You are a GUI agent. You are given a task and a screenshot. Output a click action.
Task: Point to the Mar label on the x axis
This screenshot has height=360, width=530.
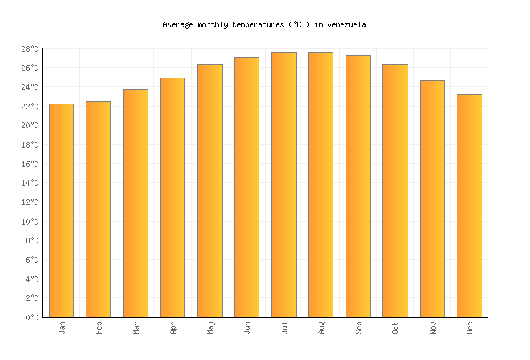[x=136, y=328]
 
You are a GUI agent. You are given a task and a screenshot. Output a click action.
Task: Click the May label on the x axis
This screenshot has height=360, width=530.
[x=210, y=328]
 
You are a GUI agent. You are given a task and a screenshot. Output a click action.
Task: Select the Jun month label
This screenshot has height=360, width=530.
[x=247, y=328]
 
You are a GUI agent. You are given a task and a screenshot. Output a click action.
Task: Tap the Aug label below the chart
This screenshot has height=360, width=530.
[x=321, y=328]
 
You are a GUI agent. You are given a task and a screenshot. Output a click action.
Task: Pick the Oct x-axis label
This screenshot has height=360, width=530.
[x=395, y=328]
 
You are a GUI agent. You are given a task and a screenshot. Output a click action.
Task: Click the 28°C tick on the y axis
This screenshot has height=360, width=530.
[x=30, y=49]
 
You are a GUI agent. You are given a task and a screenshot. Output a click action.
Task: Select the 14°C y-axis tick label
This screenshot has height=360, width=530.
[x=30, y=183]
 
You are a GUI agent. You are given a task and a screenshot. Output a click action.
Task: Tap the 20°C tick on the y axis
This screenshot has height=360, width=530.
[x=30, y=125]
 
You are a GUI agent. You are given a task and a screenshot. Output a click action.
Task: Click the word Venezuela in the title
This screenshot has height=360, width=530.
[x=346, y=24]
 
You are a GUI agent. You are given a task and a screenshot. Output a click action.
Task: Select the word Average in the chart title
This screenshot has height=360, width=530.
[x=178, y=24]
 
